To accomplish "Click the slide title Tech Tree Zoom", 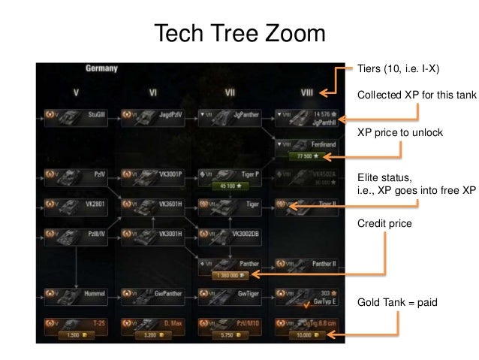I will pyautogui.click(x=239, y=35).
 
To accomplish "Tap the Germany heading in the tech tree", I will pyautogui.click(x=101, y=68).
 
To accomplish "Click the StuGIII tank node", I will pyautogui.click(x=76, y=116).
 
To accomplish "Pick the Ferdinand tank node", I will pyautogui.click(x=306, y=144).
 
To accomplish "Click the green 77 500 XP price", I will pyautogui.click(x=306, y=156).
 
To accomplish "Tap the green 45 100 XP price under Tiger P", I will pyautogui.click(x=229, y=185).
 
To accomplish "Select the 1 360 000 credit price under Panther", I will pyautogui.click(x=229, y=275).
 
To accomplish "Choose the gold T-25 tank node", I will pyautogui.click(x=76, y=323).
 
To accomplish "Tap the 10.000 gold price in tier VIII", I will pyautogui.click(x=306, y=335).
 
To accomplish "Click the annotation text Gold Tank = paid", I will pyautogui.click(x=397, y=301).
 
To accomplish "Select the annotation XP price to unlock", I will pyautogui.click(x=399, y=133).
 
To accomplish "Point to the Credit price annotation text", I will pyautogui.click(x=384, y=223).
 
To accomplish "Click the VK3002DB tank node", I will pyautogui.click(x=229, y=234).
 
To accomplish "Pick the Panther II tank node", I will pyautogui.click(x=306, y=265).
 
